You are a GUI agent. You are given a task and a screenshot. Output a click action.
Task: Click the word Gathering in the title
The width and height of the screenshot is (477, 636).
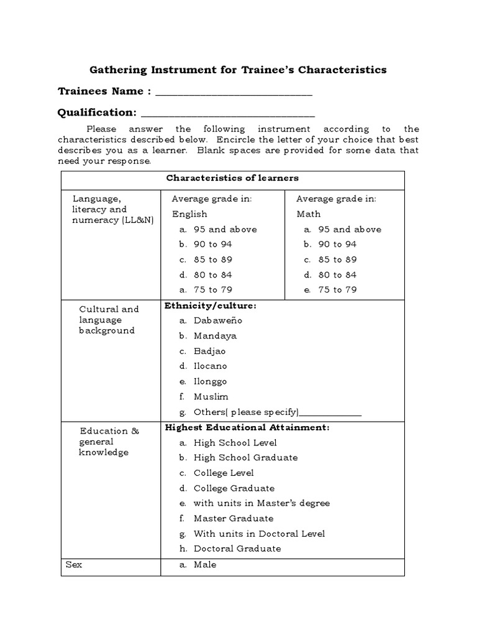pos(118,70)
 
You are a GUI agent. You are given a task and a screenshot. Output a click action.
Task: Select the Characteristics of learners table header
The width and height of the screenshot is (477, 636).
pos(232,178)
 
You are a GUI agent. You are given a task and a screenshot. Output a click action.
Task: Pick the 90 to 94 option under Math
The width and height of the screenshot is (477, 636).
pos(337,244)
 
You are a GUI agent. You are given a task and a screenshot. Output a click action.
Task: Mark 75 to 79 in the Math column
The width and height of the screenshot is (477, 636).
pos(337,289)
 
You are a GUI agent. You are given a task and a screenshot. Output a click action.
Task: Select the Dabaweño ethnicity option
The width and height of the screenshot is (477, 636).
pos(217,320)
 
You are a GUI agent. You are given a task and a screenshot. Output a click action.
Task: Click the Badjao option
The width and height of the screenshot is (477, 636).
pos(210,351)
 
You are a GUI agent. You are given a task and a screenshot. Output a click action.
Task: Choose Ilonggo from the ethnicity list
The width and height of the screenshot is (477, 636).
pos(211,381)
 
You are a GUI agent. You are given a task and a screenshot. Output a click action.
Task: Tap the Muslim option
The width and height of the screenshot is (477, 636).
pos(211,396)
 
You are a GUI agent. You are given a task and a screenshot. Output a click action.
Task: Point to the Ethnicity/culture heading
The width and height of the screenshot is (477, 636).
pos(210,306)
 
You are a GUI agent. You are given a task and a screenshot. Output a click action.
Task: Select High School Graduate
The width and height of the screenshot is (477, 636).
pos(245,458)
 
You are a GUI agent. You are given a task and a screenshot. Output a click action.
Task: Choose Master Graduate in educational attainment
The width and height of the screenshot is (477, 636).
pos(234,518)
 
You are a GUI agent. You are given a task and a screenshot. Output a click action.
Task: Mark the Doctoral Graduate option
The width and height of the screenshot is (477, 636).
pos(237,548)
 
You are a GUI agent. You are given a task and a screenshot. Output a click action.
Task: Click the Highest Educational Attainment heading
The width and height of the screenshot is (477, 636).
pos(247,427)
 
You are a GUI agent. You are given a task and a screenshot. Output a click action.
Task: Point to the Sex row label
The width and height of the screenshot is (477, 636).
pos(74,565)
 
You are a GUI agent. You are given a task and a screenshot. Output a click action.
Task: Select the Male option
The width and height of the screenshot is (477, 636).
pos(205,565)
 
